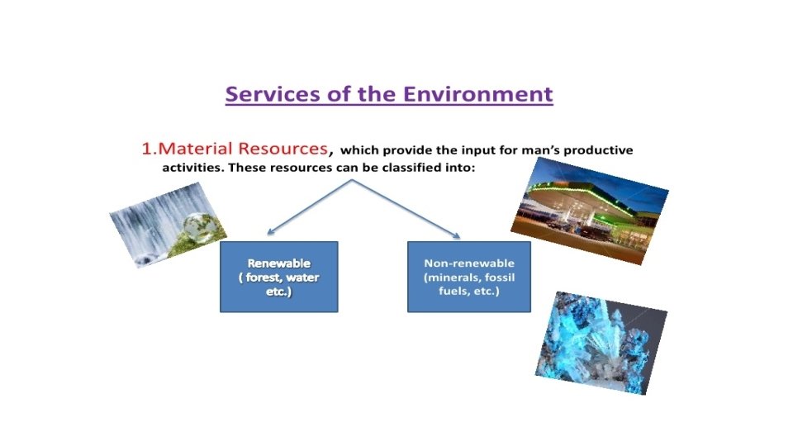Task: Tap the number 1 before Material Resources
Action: tap(146, 149)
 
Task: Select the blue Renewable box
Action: tap(278, 276)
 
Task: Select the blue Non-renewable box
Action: tap(468, 276)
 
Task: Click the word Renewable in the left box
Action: tap(278, 263)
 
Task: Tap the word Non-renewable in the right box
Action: tap(468, 263)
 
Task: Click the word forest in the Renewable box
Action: tap(264, 278)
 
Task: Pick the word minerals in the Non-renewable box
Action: tap(452, 278)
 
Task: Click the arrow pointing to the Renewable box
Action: tap(310, 207)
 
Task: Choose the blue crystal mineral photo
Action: tap(601, 341)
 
